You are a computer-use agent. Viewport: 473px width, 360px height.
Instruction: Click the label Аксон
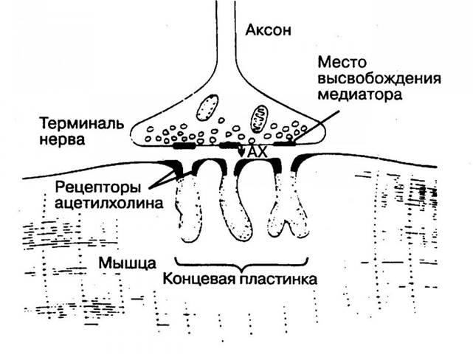tap(268, 30)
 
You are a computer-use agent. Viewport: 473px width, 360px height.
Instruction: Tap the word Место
tap(342, 63)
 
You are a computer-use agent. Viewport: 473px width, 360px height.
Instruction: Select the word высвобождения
tap(379, 79)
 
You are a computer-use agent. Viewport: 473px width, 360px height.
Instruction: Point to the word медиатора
tap(360, 95)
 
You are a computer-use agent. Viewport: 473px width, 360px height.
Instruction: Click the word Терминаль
tap(81, 123)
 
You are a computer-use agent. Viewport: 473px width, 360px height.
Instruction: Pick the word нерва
tap(62, 140)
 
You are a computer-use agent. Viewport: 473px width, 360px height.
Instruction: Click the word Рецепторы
tap(97, 188)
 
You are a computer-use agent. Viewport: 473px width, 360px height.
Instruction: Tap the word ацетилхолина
tap(108, 203)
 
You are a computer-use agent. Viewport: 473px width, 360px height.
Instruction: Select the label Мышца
tap(127, 263)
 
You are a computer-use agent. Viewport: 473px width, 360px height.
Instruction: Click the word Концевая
tap(198, 279)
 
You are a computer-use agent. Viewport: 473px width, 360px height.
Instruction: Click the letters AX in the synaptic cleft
tap(258, 152)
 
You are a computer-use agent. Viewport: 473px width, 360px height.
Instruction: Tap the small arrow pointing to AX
tap(241, 149)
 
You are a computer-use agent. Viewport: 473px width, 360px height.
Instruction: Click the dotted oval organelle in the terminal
tap(207, 108)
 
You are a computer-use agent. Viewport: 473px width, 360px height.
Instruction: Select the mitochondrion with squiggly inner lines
tap(259, 119)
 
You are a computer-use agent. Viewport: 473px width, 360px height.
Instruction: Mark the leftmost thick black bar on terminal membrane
tap(184, 146)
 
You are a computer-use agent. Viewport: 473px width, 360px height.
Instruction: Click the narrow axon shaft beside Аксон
tap(225, 30)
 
